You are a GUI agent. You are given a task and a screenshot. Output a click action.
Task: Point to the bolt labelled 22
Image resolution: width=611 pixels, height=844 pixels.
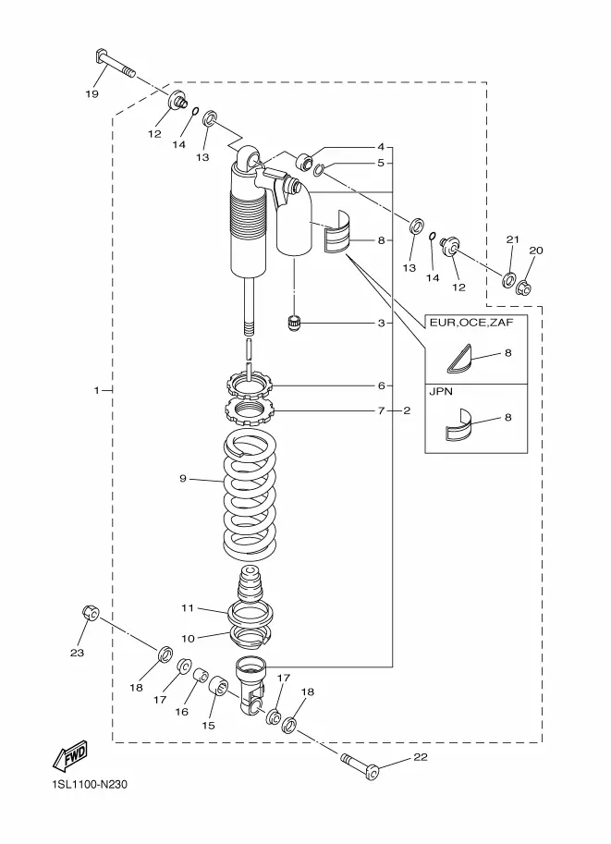(x=360, y=766)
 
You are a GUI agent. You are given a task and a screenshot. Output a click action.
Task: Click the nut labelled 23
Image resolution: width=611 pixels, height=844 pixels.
(x=91, y=613)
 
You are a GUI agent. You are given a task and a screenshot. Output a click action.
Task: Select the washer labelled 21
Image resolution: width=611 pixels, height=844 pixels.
(x=508, y=280)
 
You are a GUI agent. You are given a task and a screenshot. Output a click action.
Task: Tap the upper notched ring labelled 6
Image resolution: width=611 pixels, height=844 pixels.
(x=250, y=384)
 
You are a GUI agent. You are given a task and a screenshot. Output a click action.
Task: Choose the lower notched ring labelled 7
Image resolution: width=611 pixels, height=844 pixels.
(x=250, y=410)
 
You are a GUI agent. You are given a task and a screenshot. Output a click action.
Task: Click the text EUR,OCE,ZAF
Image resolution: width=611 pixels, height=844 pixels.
(x=471, y=323)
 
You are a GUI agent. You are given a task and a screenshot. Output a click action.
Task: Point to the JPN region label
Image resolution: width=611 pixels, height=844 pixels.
(x=441, y=391)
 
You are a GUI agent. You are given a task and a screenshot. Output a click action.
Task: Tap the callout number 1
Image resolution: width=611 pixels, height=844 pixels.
(x=97, y=390)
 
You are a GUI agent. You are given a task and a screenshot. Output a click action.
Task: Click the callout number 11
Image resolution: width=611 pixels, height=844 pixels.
(x=188, y=607)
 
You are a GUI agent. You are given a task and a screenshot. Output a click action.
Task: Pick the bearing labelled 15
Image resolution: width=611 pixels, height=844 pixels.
(x=218, y=685)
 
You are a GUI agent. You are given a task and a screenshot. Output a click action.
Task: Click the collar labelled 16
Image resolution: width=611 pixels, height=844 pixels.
(x=202, y=675)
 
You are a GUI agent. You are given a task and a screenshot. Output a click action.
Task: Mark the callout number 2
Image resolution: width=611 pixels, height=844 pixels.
(x=407, y=410)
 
